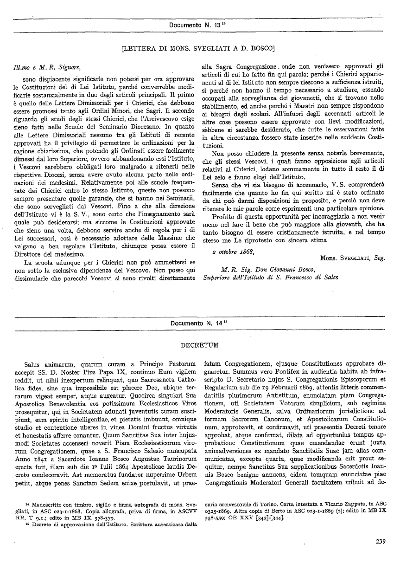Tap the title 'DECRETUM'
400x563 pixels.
click(x=199, y=345)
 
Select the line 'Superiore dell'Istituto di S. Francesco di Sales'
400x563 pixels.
click(x=271, y=278)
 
